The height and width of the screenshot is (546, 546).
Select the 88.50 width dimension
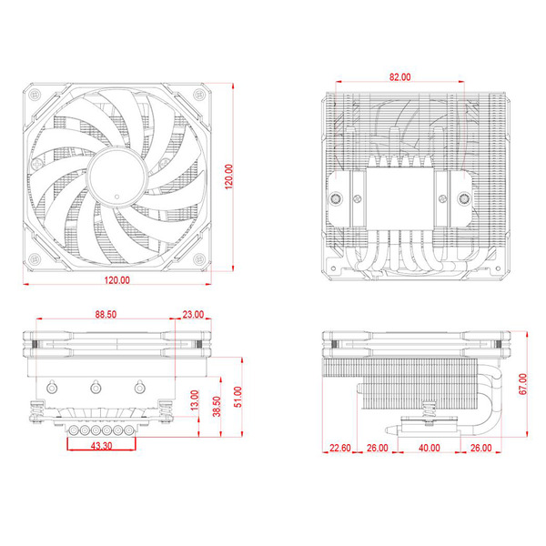[105, 314]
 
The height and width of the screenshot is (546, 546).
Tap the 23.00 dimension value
[193, 314]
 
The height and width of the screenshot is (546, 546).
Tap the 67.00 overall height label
[522, 384]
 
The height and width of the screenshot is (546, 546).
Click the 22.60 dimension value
[339, 449]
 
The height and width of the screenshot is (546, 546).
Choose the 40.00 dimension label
[429, 449]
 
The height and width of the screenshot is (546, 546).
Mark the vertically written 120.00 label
[229, 182]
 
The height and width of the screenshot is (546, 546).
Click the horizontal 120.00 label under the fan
[116, 280]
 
